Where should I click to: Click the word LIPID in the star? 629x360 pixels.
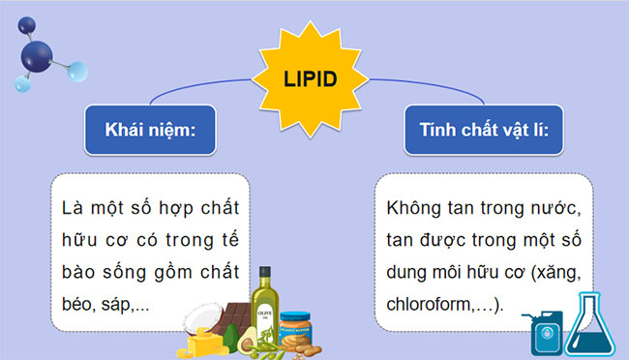click(311, 77)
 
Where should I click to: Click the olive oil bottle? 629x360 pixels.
click(263, 306)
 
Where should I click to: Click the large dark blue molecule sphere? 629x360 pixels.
click(41, 54)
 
